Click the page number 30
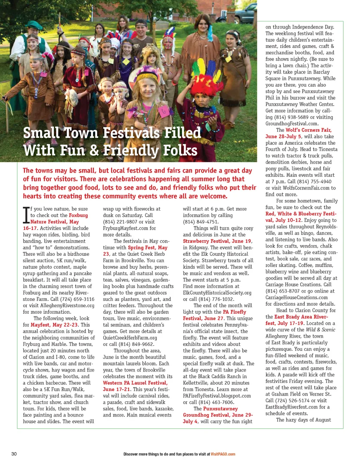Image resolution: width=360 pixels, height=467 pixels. (x=14, y=454)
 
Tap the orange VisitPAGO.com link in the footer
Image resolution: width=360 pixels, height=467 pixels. (x=223, y=454)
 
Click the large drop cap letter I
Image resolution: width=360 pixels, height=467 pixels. (x=26, y=215)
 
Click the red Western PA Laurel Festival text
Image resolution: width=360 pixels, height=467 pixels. (x=135, y=383)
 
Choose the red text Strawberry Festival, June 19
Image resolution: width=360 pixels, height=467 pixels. (x=217, y=241)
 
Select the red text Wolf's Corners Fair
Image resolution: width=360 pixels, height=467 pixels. (x=308, y=130)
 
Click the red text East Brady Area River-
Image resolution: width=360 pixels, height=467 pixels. (x=301, y=316)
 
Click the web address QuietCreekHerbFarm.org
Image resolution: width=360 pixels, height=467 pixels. (x=130, y=338)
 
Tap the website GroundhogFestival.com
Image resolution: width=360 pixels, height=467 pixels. (x=292, y=123)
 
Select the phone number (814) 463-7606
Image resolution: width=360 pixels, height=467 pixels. (x=216, y=402)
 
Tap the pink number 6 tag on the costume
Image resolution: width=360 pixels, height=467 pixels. (x=163, y=112)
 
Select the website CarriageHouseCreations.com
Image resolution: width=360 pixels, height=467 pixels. (x=296, y=297)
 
